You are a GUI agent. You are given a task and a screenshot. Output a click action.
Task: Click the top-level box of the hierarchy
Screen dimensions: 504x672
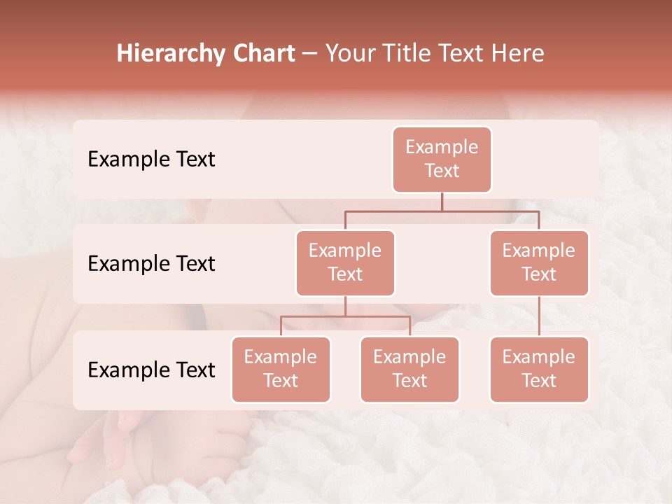coord(442,159)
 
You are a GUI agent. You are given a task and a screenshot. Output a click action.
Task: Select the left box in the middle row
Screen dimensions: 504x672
coord(345,262)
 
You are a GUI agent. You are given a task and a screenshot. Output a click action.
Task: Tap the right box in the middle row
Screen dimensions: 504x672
coord(539,262)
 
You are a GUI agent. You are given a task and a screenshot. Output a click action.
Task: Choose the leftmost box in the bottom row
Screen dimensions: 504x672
coord(281,369)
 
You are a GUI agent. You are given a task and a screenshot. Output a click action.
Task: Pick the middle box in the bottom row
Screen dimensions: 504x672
coord(409,369)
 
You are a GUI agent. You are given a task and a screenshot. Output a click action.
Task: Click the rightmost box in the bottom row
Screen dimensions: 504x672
coord(539,369)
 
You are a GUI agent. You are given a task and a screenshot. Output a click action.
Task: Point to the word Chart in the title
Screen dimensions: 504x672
coord(260,53)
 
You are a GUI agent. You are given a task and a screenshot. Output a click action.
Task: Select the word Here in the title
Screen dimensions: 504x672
coord(519,53)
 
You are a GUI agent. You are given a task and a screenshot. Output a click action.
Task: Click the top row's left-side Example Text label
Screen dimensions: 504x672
coord(151,159)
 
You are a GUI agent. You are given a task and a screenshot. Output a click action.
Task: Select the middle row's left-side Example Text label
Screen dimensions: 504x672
coord(151,263)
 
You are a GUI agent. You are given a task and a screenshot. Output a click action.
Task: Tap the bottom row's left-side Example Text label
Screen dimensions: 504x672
coord(151,370)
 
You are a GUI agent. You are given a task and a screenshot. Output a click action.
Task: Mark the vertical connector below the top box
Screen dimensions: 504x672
coord(442,202)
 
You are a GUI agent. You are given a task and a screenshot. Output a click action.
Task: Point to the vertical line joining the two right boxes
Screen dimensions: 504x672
coord(539,316)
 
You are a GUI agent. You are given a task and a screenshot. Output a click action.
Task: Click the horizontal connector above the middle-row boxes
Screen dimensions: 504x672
coord(442,210)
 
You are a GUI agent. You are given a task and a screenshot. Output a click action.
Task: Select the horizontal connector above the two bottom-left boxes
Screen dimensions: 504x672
coord(345,316)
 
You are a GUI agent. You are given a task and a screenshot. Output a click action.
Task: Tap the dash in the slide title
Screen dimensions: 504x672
coord(310,54)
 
